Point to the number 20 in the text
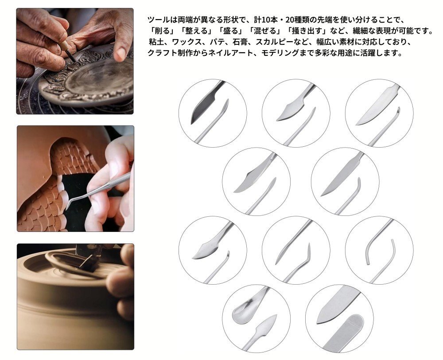pyautogui.click(x=291, y=20)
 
